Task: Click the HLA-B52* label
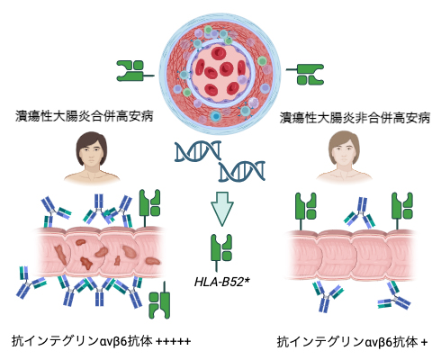pos(220,281)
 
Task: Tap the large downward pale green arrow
pos(220,210)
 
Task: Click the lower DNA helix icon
pos(242,169)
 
